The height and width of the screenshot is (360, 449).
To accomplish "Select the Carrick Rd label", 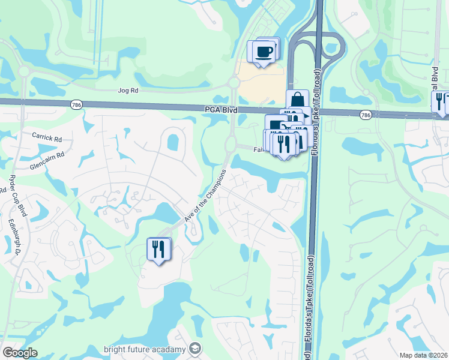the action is point(47,137).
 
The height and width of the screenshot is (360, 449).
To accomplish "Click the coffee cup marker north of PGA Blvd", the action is point(264,52).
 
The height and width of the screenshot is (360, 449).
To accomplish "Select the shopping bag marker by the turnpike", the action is point(297,100).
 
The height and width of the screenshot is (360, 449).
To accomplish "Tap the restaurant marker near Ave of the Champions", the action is point(158,248).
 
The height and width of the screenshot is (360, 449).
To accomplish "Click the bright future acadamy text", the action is point(145,349).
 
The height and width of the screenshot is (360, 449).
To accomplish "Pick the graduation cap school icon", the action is point(194,349).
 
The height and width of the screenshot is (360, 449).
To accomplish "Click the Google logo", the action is point(20,353).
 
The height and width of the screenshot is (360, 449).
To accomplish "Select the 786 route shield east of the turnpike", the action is point(365,113).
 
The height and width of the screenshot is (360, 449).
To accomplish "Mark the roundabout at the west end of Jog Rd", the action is point(24,71).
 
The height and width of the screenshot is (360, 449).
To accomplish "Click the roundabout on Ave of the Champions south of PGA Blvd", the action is point(231,144).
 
